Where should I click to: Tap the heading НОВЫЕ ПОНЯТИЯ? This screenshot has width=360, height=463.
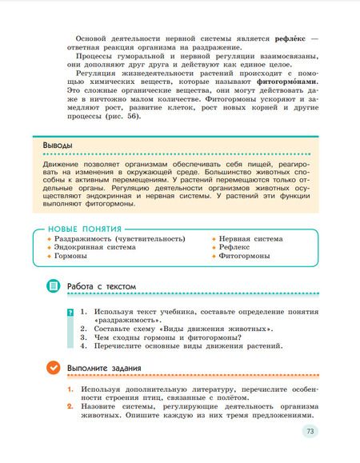click(x=80, y=229)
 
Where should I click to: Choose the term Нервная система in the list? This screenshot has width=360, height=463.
click(x=250, y=238)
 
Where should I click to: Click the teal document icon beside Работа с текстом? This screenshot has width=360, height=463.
click(x=53, y=285)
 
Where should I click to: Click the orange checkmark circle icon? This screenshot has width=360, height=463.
click(x=53, y=368)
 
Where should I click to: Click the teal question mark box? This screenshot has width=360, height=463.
click(x=70, y=311)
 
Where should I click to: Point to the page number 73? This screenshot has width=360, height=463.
click(x=309, y=432)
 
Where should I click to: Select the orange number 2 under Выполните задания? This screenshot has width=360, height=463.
click(x=70, y=407)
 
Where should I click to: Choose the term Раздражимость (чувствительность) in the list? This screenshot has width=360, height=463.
click(x=119, y=238)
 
